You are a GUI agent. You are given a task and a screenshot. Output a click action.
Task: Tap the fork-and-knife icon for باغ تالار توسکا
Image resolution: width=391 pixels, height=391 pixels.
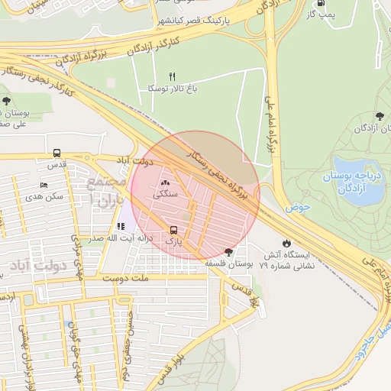click(x=172, y=76)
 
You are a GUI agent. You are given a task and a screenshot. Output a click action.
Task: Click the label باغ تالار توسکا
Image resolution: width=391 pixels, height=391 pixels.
click(x=173, y=89)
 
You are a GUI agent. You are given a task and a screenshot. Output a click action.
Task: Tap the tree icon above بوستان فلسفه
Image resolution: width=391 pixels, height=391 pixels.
click(x=228, y=251)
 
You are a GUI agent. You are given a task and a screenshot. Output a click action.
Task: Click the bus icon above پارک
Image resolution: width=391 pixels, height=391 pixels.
click(x=173, y=229)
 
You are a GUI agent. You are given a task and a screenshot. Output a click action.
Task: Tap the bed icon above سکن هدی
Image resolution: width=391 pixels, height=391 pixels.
click(x=44, y=185)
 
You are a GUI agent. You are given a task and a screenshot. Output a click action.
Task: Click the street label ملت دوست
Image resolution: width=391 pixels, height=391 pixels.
click(x=118, y=281)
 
